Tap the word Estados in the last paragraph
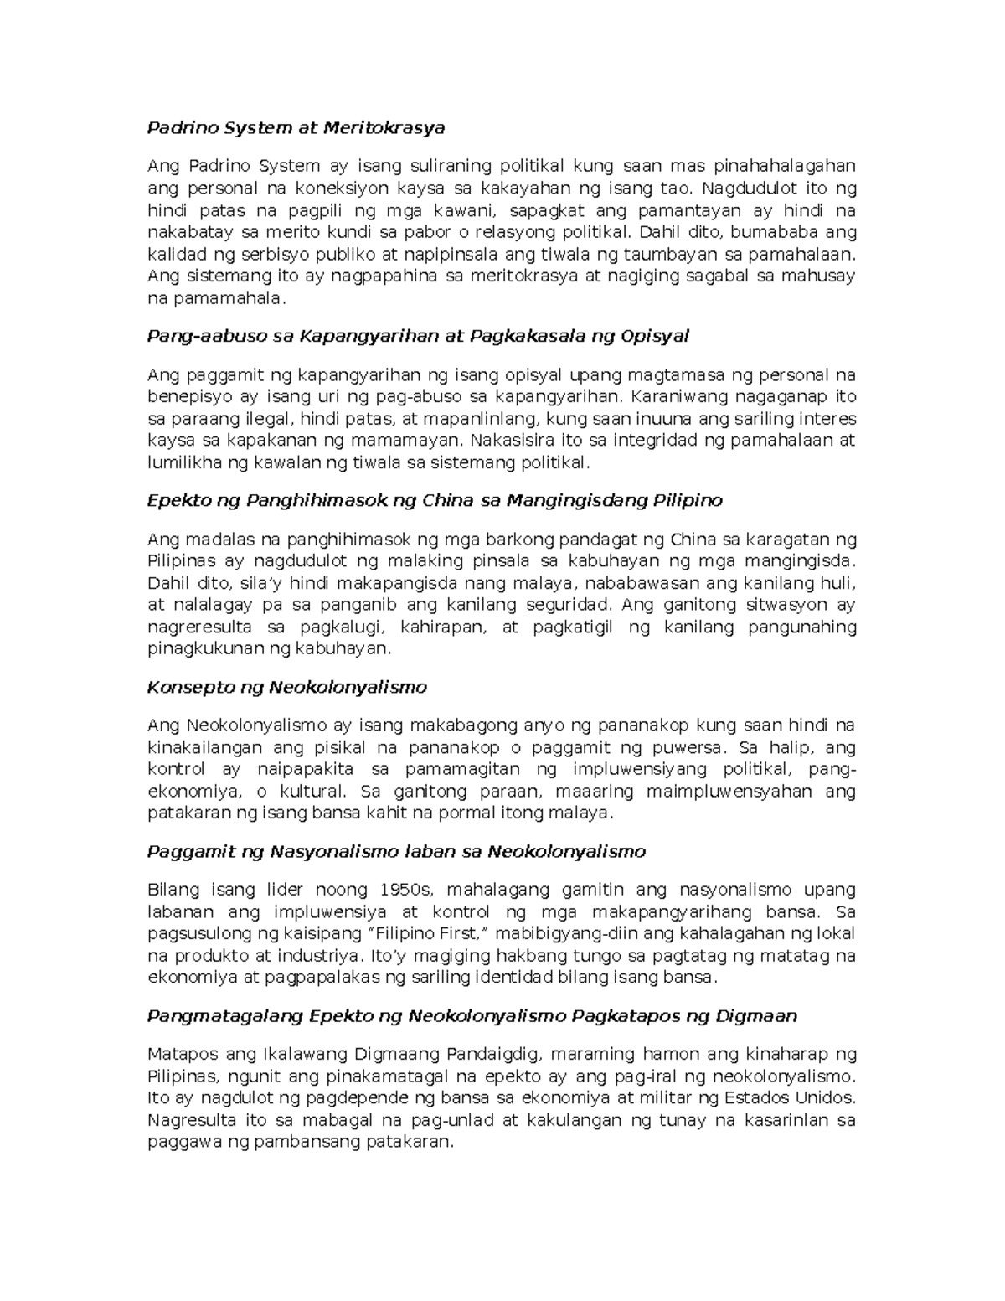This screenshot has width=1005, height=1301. tap(758, 1097)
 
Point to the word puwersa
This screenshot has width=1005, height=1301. tap(678, 747)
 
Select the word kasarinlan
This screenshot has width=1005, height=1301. tap(783, 1120)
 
